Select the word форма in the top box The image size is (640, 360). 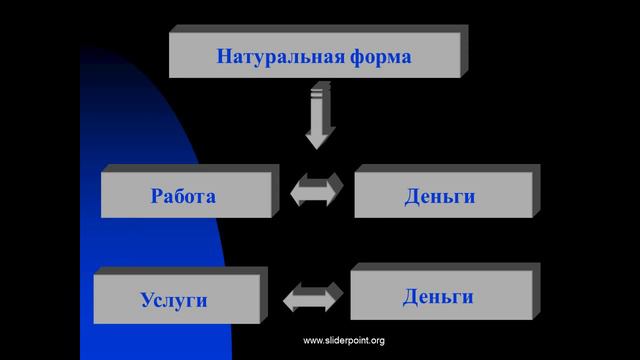(x=375, y=55)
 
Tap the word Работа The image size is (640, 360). (x=183, y=195)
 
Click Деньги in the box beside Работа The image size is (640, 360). (x=440, y=196)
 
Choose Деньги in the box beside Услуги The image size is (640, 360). (x=438, y=296)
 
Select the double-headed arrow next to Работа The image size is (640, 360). (x=317, y=190)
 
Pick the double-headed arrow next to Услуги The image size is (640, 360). (x=313, y=297)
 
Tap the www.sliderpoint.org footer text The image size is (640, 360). (x=343, y=341)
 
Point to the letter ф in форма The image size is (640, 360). (x=345, y=56)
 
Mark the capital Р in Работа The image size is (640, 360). (x=156, y=195)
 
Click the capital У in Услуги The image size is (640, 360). (x=146, y=299)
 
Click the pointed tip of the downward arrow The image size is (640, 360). (x=319, y=146)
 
